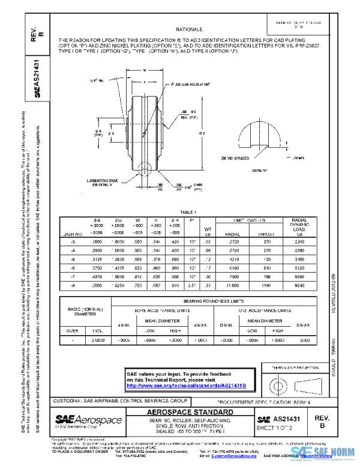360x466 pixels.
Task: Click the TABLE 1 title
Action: pyautogui.click(x=188, y=212)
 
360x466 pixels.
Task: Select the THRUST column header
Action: pyautogui.click(x=265, y=233)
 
